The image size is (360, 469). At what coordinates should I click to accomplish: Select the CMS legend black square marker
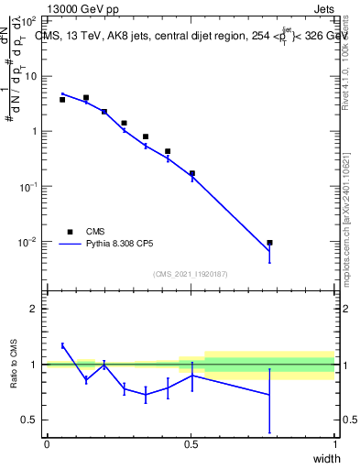tap(70, 232)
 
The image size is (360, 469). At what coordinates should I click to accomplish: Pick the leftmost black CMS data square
tap(62, 100)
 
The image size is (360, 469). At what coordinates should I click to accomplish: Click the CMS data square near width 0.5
tap(192, 173)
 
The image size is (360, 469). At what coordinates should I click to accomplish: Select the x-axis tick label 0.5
tap(191, 444)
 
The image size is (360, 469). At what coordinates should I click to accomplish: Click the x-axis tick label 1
tap(335, 444)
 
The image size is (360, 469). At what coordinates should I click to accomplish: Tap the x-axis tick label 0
tap(48, 444)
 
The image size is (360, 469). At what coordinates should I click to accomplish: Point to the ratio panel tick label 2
tap(34, 309)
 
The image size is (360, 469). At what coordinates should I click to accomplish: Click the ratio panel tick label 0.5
tap(29, 420)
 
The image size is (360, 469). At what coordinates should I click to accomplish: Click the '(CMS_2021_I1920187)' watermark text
tap(191, 274)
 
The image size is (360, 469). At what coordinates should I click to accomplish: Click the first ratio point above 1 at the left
tap(62, 345)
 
